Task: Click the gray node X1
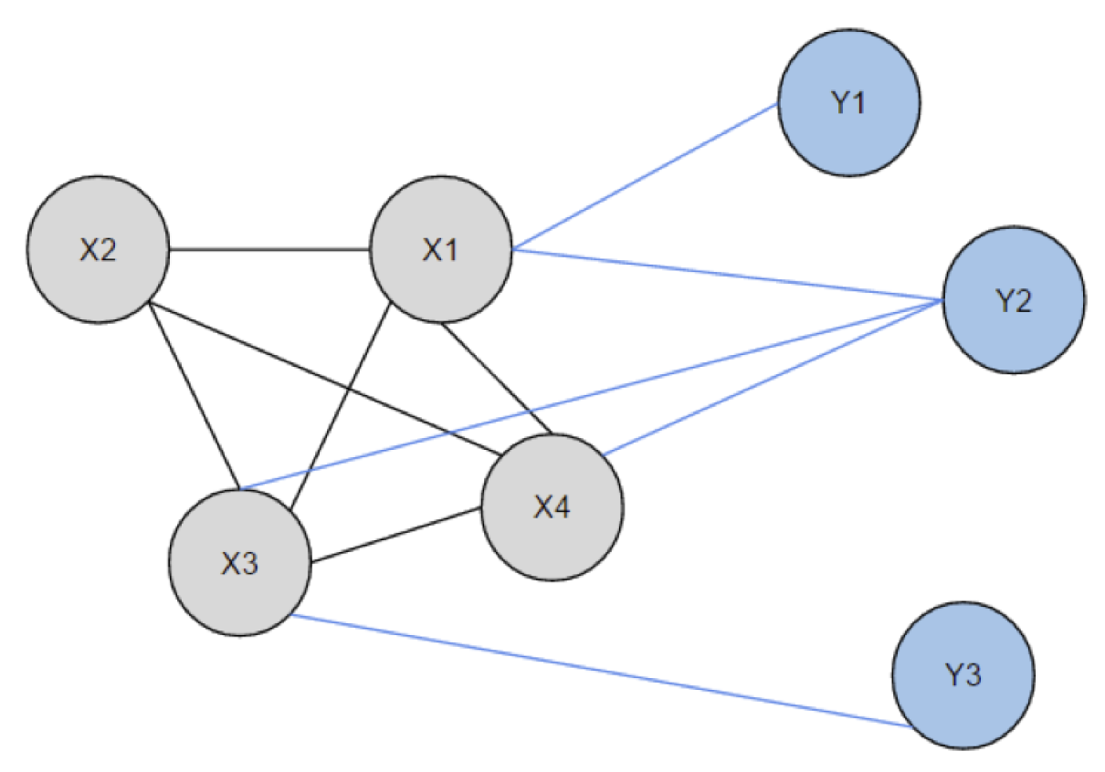[x=440, y=251]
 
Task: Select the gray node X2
[x=98, y=251]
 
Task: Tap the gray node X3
[x=240, y=563]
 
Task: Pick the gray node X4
[x=552, y=507]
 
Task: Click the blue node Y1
[x=848, y=104]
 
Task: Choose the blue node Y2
[x=1014, y=301]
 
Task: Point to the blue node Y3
[x=963, y=675]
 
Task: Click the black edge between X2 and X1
[x=268, y=249]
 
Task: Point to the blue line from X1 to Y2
[x=731, y=275]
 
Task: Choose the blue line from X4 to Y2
[x=772, y=376]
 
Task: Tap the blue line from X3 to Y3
[x=603, y=671]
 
